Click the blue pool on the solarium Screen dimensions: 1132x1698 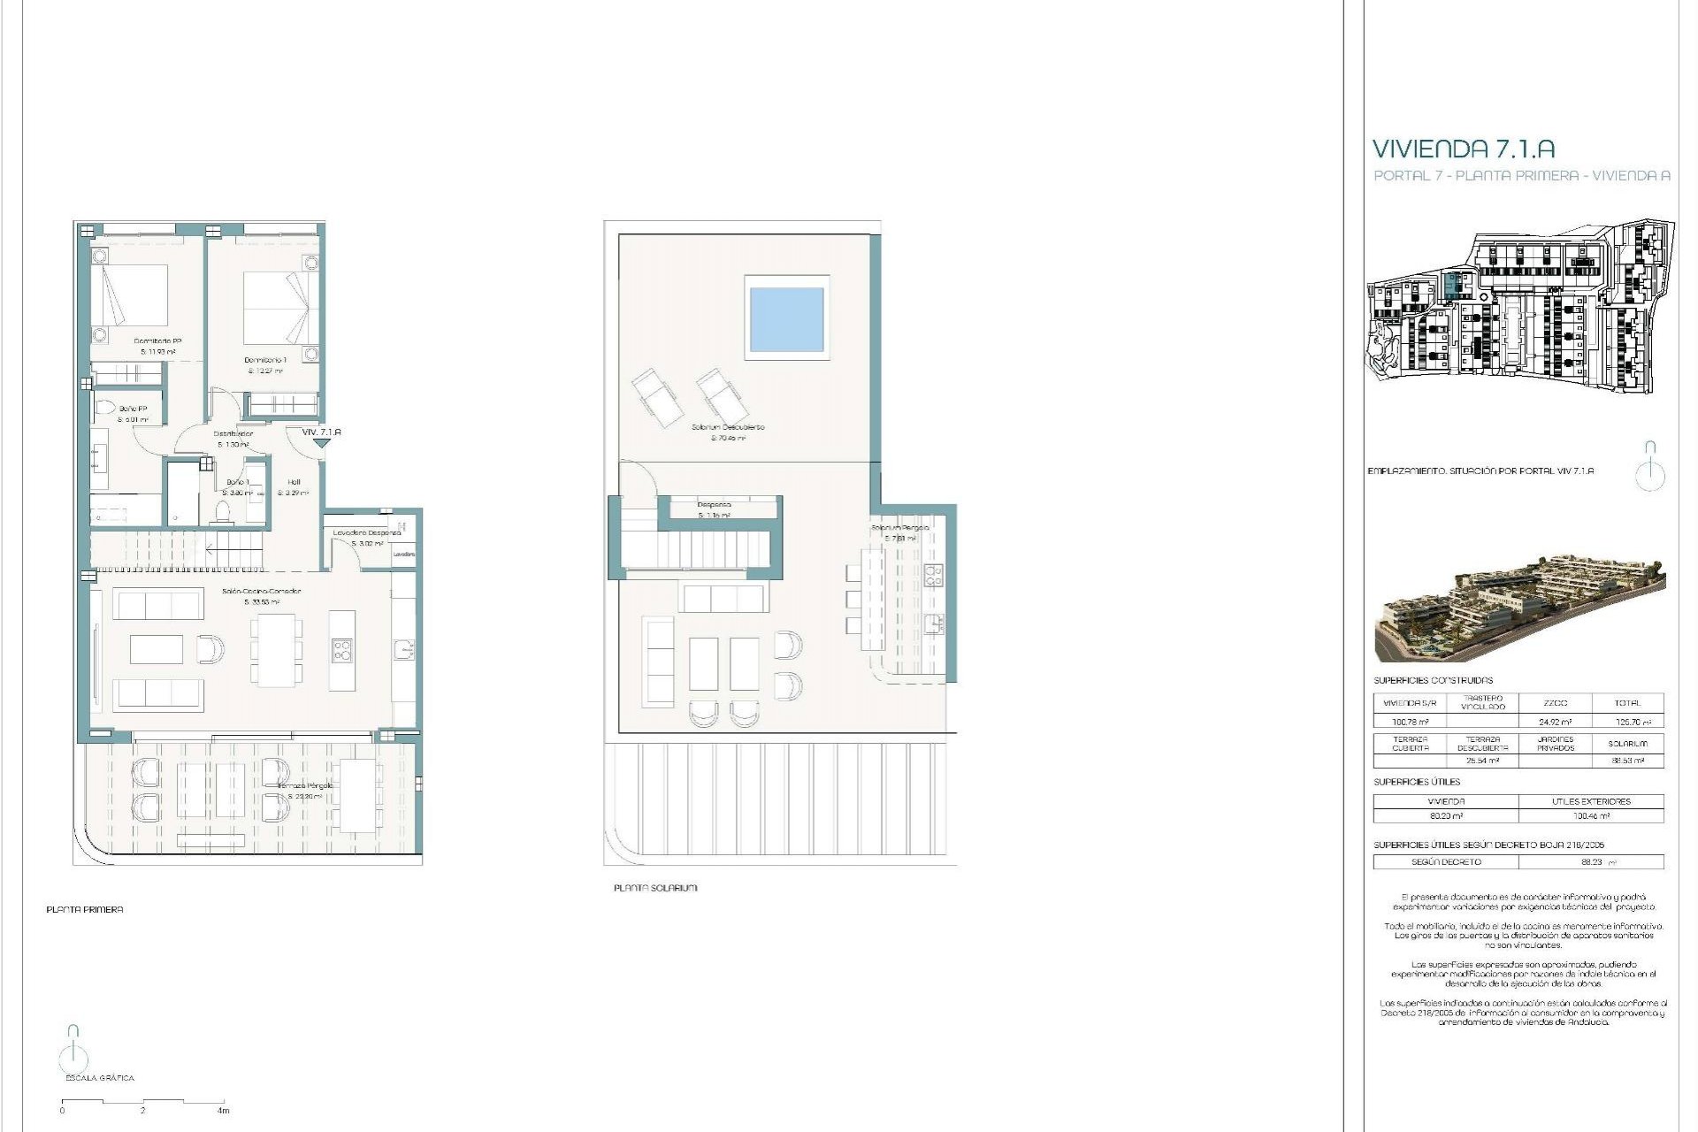(786, 318)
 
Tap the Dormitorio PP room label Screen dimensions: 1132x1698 (157, 341)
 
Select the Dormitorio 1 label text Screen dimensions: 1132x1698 (265, 361)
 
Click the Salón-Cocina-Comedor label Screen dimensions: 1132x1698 (261, 591)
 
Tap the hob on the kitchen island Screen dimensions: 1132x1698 (341, 650)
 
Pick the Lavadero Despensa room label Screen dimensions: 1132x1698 (367, 533)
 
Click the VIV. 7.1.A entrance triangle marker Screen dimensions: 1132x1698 (321, 442)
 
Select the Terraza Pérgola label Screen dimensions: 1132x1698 (306, 785)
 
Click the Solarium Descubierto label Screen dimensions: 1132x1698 (728, 427)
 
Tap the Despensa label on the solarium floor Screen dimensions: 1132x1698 (714, 505)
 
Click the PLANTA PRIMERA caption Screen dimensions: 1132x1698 (85, 909)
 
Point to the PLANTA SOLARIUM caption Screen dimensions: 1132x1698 (655, 888)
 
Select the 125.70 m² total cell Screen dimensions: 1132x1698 (1627, 723)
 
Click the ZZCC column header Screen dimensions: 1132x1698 (1555, 703)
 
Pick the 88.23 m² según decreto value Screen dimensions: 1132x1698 (1591, 861)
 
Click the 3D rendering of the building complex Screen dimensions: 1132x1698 (1519, 608)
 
